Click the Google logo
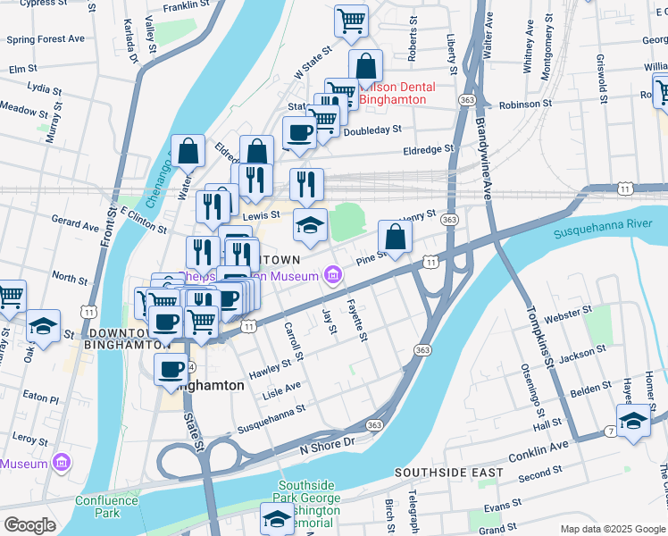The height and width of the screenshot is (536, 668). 29,525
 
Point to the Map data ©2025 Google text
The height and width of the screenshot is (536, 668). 612,529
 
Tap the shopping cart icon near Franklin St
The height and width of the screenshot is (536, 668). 351,21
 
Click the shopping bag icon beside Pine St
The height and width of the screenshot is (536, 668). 395,238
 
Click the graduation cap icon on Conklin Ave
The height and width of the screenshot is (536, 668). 633,422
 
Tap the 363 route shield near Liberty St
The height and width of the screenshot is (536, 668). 466,98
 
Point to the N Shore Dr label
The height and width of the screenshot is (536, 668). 327,444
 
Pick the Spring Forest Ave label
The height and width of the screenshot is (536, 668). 46,39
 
